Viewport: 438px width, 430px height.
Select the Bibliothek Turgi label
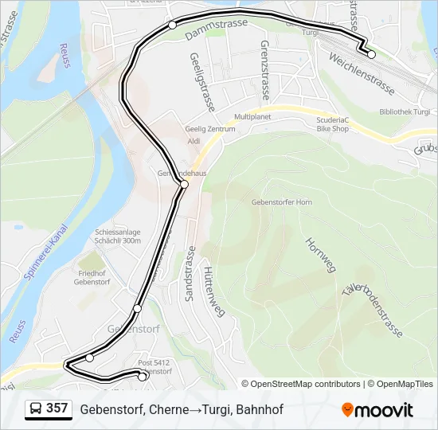405,112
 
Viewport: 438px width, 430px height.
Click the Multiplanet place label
253,116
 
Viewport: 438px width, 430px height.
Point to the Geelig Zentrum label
210,128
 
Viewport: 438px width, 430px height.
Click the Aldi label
194,141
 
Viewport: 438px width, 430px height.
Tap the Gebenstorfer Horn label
281,202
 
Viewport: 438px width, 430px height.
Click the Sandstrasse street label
190,273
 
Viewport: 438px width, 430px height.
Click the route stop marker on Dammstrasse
172,25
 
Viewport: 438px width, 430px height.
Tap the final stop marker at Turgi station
371,54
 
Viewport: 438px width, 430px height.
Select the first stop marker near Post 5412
143,377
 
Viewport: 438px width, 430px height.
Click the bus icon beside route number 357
36,408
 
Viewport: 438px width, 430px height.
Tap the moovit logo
377,409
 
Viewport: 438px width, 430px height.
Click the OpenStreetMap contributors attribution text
305,384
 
